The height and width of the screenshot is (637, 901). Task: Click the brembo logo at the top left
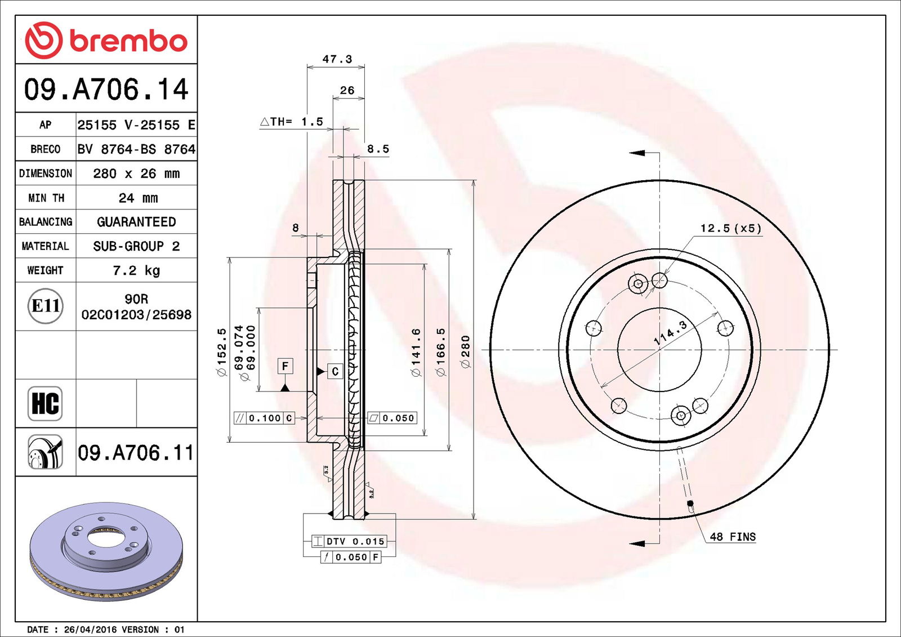point(106,41)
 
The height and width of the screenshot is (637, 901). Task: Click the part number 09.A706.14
point(106,90)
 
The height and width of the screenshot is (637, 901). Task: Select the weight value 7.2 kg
point(136,270)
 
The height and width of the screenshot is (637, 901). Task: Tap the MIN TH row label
point(46,198)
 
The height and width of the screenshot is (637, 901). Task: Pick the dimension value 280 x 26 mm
point(136,173)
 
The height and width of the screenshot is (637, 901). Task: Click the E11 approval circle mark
point(46,306)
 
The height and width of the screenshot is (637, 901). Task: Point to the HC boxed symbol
point(45,403)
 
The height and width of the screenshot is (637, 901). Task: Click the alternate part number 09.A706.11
point(136,452)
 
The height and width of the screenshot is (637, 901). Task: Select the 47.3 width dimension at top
point(337,59)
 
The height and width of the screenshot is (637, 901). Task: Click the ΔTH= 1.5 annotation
point(292,122)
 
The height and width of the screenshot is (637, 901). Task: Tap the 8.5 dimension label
point(378,149)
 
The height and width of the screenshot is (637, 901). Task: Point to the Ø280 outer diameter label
point(465,352)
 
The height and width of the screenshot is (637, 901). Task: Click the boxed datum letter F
point(285,366)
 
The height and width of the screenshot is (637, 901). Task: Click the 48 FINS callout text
point(733,537)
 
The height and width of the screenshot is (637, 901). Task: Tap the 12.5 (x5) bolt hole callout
point(730,228)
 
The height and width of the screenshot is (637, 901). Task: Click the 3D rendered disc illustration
point(106,550)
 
